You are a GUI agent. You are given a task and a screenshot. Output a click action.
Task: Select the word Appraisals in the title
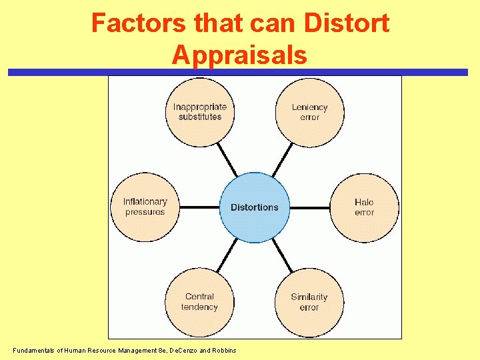(x=239, y=55)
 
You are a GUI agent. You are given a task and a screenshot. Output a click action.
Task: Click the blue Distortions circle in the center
(x=255, y=207)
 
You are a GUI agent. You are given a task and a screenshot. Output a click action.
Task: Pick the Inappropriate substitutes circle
(x=200, y=112)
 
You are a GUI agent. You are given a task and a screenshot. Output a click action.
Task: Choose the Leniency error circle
(x=310, y=112)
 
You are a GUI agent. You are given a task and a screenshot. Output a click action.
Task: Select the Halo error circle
(x=365, y=207)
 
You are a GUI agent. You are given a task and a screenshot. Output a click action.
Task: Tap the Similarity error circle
(x=309, y=302)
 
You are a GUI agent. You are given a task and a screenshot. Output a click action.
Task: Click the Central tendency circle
(x=200, y=302)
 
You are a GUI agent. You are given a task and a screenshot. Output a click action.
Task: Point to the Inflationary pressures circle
(x=145, y=207)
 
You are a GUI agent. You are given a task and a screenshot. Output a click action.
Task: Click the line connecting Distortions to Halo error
(x=310, y=207)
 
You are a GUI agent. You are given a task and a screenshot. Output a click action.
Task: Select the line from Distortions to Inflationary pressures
(x=200, y=207)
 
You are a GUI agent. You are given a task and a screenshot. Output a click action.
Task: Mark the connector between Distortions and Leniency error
(x=282, y=160)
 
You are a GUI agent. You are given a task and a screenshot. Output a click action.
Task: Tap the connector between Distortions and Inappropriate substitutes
(x=227, y=160)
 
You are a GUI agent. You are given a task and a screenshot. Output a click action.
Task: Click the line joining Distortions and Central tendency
(x=227, y=255)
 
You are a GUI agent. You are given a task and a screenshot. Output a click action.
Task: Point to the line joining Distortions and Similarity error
(x=282, y=255)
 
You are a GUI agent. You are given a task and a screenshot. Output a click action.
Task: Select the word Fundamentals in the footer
(x=34, y=351)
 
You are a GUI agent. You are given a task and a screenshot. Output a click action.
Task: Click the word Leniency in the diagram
(x=310, y=107)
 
